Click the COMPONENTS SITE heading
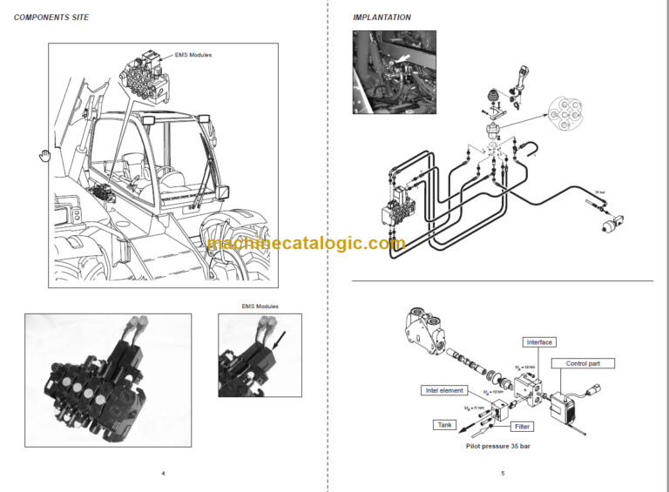51,17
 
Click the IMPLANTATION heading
382,17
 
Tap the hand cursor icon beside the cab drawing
43,156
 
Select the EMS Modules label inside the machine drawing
193,55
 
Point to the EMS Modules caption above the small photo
260,306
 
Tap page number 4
163,474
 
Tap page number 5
503,474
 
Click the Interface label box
539,342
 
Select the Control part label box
590,363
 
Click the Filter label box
521,427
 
